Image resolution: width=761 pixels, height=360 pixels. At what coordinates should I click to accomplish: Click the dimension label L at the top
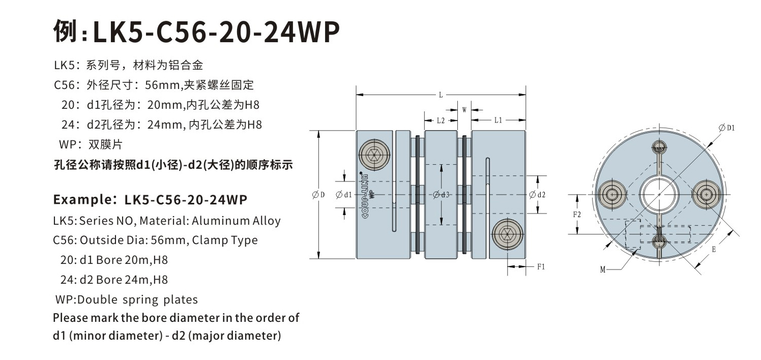(x=440, y=95)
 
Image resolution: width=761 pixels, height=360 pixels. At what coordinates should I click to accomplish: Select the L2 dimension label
(x=441, y=121)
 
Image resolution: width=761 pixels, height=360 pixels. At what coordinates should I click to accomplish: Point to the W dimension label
(x=464, y=109)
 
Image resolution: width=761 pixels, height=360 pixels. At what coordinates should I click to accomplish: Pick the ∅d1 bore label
(x=344, y=194)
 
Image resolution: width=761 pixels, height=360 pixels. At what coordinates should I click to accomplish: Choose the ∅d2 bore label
(x=537, y=194)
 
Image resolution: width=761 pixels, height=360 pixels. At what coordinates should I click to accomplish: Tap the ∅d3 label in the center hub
(x=441, y=194)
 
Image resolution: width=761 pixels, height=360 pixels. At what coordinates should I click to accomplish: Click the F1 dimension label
(x=541, y=266)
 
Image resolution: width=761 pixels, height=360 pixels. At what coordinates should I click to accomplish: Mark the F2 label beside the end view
(x=577, y=214)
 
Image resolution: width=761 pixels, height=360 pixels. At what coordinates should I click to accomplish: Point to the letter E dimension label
(x=714, y=250)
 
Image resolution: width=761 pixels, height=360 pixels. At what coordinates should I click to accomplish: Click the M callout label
(x=602, y=270)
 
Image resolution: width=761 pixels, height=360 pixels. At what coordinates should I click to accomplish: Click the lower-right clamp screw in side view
(x=507, y=234)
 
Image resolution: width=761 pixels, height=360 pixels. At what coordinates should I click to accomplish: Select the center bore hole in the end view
(x=659, y=194)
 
